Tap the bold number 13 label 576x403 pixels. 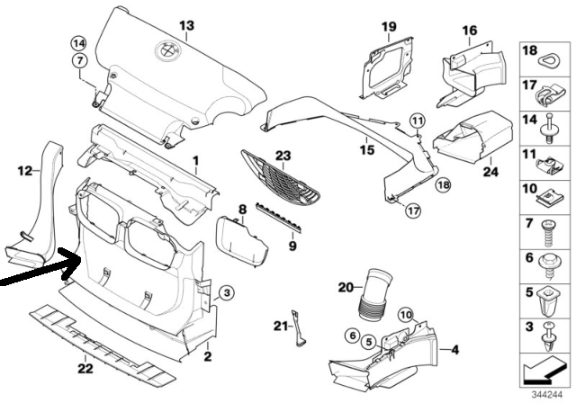point(186,26)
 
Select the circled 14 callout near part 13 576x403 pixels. point(78,44)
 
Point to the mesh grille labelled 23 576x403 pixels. point(282,182)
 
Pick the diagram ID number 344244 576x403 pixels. point(547,395)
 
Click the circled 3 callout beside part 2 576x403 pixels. point(226,293)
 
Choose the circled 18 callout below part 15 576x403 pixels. point(444,184)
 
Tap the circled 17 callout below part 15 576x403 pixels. point(413,210)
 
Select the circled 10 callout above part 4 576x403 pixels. point(406,315)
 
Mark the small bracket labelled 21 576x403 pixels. point(298,328)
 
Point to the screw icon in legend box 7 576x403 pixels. point(549,233)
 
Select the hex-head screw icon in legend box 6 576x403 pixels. point(550,266)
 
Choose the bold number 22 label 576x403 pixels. point(85,368)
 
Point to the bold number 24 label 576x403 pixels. point(490,171)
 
